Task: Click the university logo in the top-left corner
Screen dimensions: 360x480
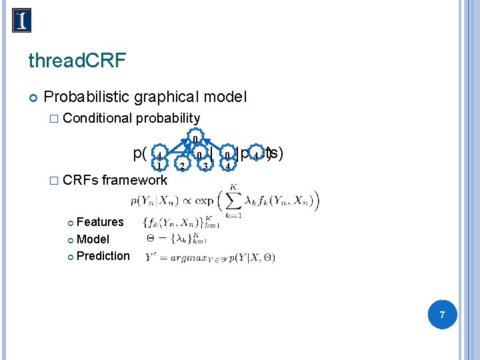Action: (21, 20)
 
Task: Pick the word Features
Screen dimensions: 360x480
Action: (100, 222)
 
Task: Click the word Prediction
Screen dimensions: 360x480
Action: (103, 256)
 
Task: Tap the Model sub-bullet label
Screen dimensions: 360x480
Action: (93, 239)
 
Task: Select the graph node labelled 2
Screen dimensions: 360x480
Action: (181, 165)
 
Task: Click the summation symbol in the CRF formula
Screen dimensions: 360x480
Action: (233, 201)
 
